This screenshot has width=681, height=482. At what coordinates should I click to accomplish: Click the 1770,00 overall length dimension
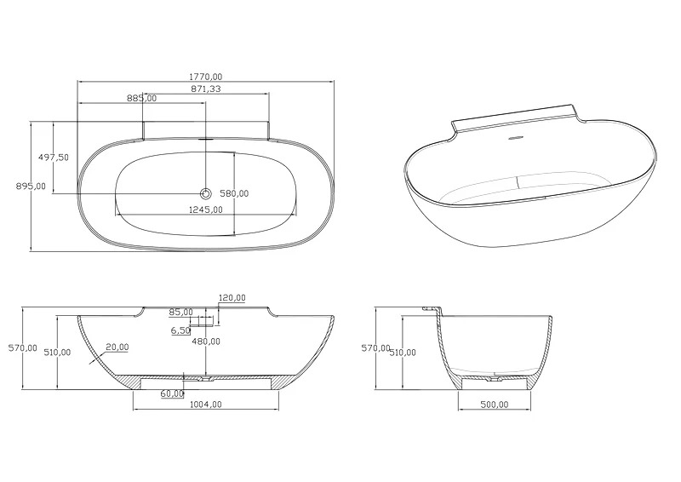(205, 77)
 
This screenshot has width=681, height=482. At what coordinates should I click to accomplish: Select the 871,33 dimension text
(206, 89)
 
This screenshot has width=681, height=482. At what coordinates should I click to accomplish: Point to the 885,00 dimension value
(141, 98)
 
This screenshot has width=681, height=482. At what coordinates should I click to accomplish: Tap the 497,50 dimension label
(54, 158)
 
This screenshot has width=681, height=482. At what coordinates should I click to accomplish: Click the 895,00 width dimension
(31, 186)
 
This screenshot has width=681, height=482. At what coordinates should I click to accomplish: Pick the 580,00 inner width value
(234, 193)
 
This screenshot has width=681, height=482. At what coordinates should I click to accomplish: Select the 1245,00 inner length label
(206, 209)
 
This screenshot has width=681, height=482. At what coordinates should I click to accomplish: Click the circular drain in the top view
(205, 193)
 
